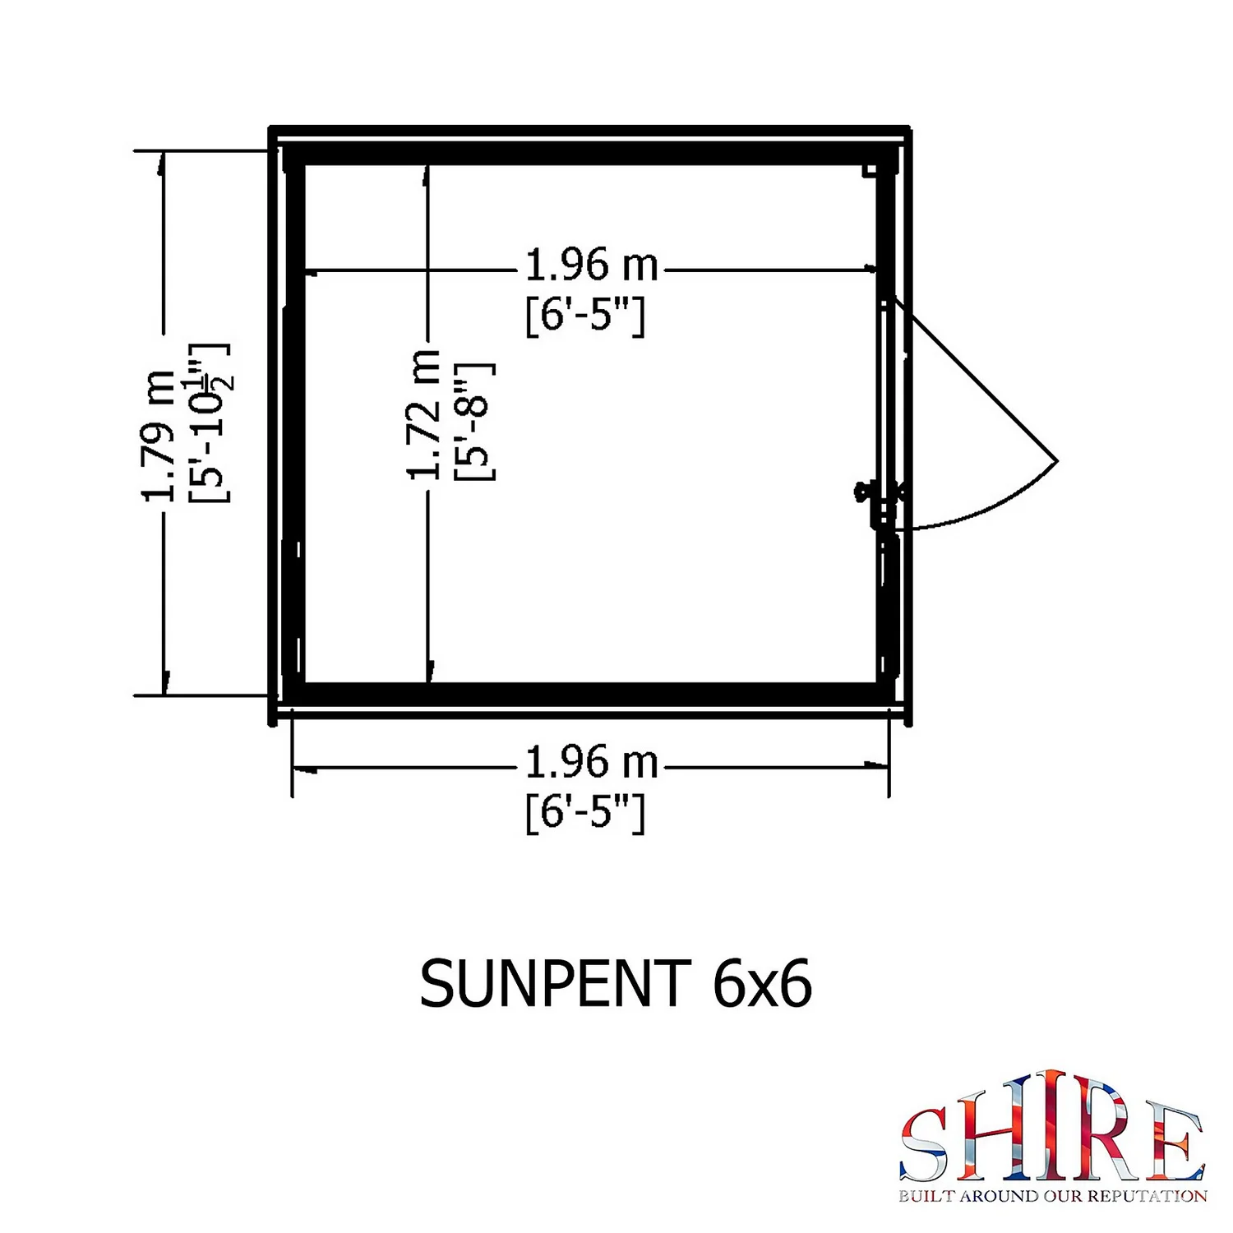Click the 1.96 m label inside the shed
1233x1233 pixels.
[x=591, y=266]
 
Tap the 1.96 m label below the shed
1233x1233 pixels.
[x=591, y=763]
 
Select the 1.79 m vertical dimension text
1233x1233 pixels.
[x=159, y=436]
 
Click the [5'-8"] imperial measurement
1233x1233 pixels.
[x=475, y=421]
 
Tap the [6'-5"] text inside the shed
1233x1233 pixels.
[x=585, y=315]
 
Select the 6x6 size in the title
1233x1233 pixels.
[x=762, y=984]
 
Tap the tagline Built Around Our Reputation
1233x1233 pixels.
[x=1052, y=1196]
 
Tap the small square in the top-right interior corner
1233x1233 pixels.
[x=868, y=170]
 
